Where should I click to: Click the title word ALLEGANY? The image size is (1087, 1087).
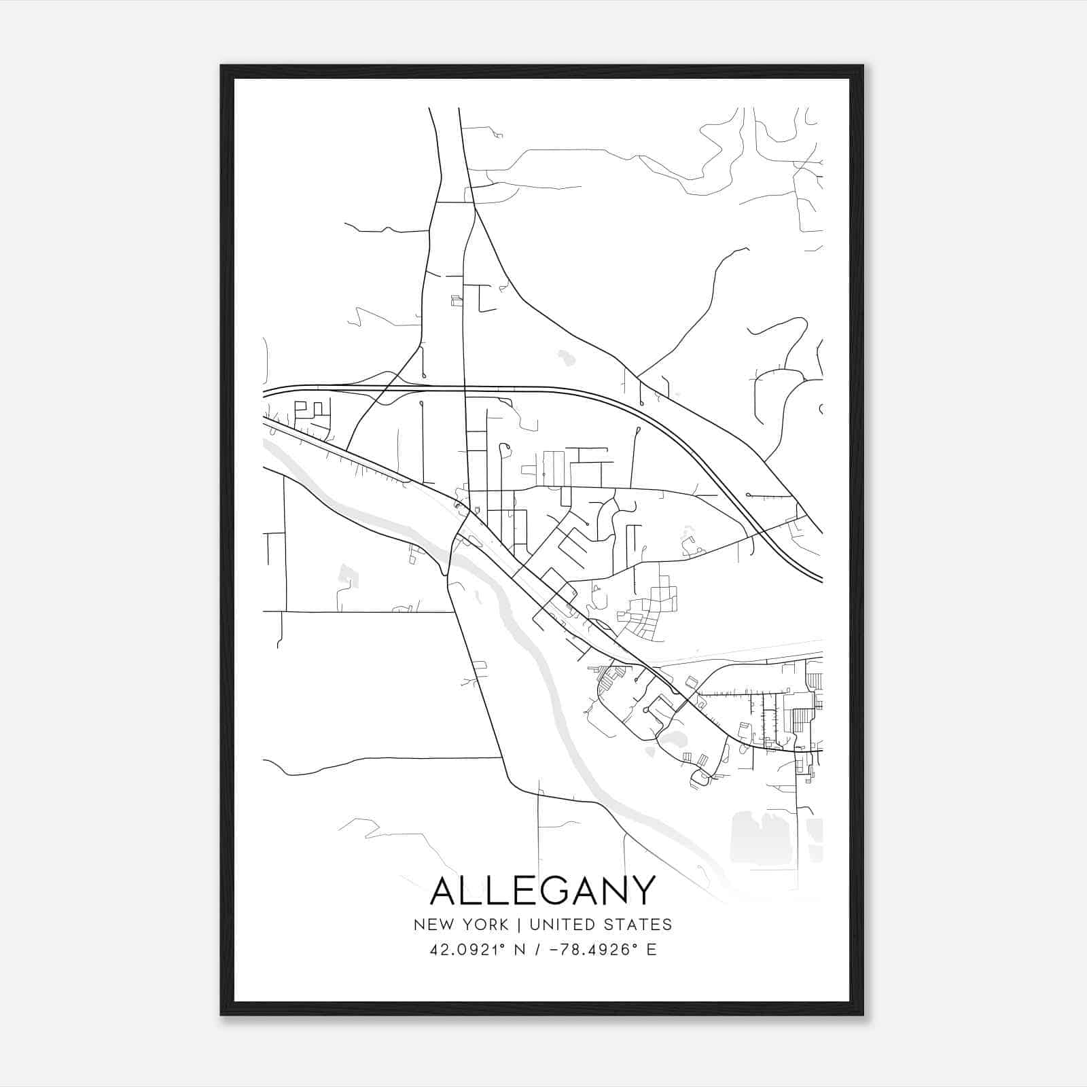coord(543,890)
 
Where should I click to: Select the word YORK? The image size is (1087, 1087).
coord(485,925)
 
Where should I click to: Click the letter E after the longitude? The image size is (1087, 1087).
coord(652,949)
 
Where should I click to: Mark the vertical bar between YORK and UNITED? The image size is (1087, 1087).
coord(519,925)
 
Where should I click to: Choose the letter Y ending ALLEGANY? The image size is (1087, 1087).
coord(643,890)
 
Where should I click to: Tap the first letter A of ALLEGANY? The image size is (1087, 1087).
coord(444,890)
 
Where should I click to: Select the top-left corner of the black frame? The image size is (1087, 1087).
coord(222,67)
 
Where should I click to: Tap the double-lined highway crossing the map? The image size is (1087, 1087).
coord(543,389)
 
